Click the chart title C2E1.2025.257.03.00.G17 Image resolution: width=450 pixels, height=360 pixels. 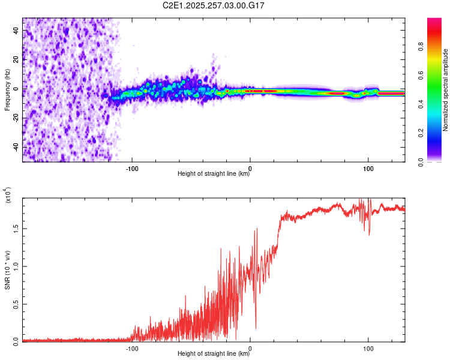click(214, 5)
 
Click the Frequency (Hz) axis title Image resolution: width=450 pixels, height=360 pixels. click(7, 90)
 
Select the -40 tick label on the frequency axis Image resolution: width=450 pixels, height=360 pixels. click(16, 148)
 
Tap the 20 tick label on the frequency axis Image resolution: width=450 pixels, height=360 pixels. click(17, 60)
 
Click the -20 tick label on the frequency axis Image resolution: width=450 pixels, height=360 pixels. click(16, 118)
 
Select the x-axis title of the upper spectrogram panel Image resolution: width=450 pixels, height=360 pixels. click(214, 174)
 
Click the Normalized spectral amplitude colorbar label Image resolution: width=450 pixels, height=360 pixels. click(446, 90)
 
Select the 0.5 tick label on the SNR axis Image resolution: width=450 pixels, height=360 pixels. click(16, 304)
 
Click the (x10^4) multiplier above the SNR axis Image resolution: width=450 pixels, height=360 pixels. click(8, 195)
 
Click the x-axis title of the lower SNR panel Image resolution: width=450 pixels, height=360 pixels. click(214, 354)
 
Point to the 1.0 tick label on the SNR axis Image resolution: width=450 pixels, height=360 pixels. click(16, 266)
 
